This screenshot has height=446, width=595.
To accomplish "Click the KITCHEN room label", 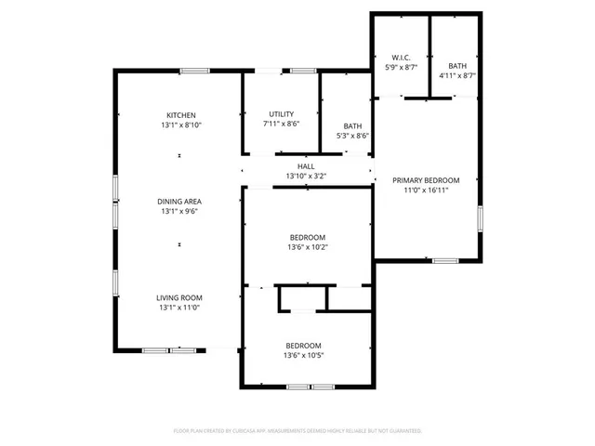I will pos(180,115).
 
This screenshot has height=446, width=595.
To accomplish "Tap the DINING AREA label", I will pos(180,201).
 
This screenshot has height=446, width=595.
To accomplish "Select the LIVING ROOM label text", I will pos(180,297).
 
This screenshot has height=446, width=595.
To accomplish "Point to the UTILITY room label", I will pos(282,112).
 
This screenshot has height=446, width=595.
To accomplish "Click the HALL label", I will pos(306,166).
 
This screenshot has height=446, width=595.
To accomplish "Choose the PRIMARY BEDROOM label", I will pos(426,180).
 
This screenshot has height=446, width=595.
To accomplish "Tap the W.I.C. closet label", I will pos(402,58).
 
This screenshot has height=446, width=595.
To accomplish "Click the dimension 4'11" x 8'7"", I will pos(457,75).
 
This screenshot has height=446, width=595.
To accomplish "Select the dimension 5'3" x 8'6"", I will pos(352,136).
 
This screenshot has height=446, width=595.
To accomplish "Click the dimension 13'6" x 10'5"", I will pos(303,355).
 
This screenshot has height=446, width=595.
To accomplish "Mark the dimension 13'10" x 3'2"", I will pos(306,176).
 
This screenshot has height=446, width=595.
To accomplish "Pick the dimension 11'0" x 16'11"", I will pos(426,190).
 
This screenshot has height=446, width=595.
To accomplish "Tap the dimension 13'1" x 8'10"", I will pos(180,125).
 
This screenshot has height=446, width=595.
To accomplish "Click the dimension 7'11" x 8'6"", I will pos(282,123).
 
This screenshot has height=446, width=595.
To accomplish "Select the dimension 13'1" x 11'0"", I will pos(180,308).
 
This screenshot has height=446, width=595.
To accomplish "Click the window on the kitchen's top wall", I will pos(193,71).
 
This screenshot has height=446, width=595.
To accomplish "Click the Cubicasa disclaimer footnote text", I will pos(297,431).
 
